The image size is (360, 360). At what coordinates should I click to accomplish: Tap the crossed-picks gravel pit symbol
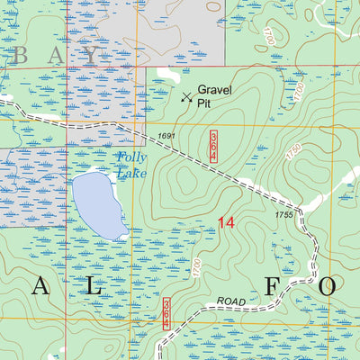(186, 96)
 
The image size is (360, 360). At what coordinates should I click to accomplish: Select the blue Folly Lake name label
(131, 166)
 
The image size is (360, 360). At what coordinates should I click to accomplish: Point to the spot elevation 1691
(165, 136)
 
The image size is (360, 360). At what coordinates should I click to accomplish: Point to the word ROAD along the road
(229, 301)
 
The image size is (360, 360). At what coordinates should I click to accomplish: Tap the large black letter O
(328, 286)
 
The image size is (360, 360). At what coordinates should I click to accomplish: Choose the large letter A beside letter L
(40, 286)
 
